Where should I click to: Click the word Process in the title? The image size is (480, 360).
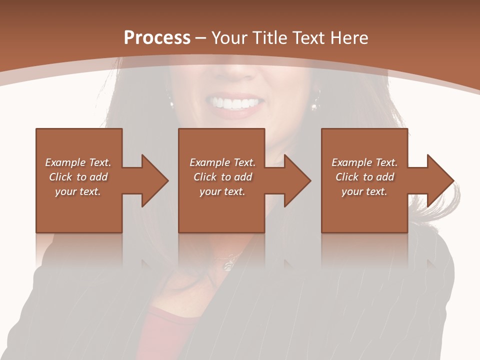click(157, 38)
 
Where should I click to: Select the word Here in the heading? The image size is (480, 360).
click(349, 38)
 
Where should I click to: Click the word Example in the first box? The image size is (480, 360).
click(65, 162)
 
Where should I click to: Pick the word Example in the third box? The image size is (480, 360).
click(351, 162)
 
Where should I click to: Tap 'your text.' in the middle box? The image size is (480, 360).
click(222, 191)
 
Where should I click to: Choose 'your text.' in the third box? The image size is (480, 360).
click(364, 191)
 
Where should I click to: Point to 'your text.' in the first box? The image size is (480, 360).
click(78, 191)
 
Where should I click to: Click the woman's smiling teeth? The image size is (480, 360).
click(235, 103)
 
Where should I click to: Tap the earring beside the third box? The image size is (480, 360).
click(315, 105)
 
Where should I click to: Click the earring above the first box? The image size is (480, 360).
click(171, 104)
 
